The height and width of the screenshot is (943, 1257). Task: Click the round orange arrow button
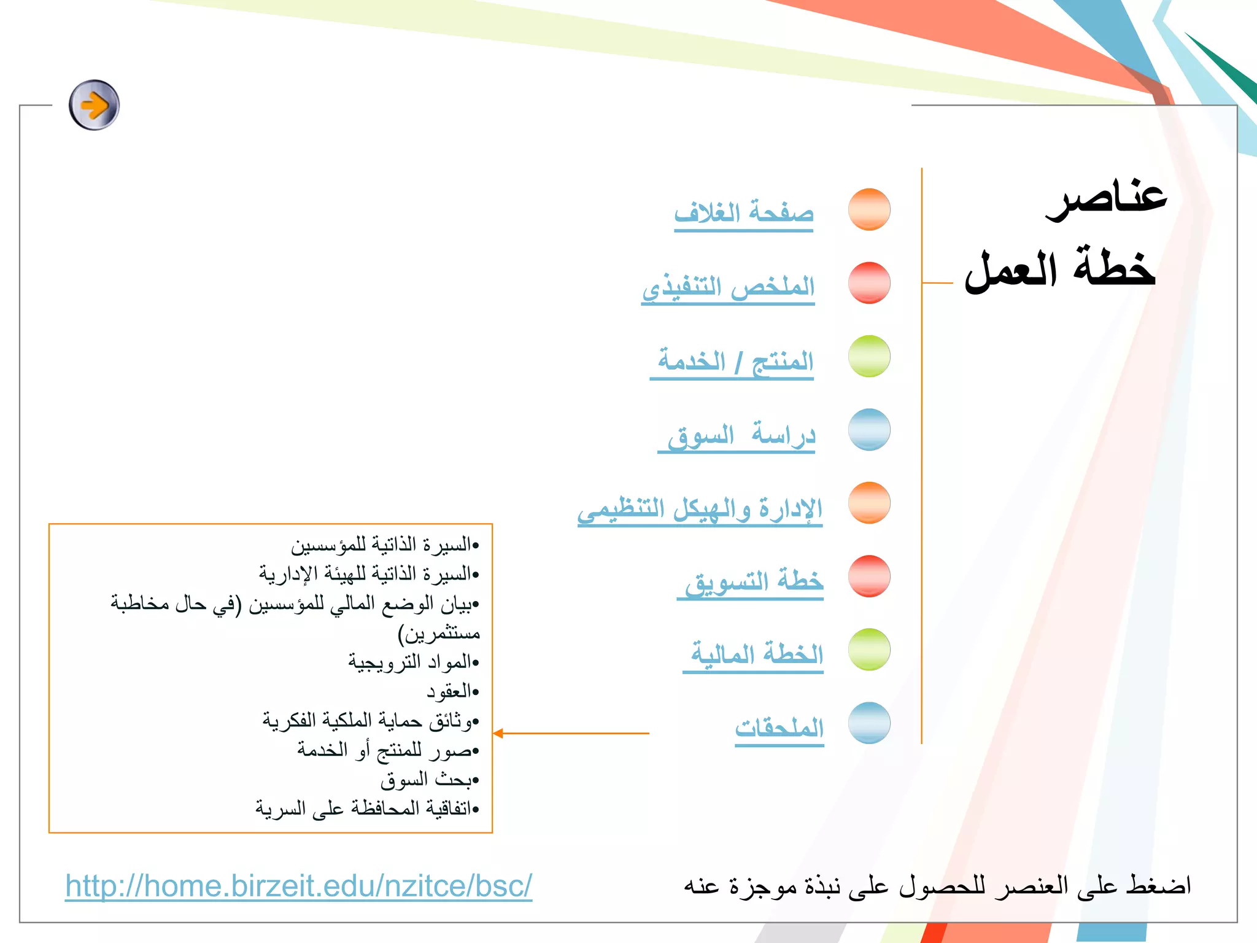tap(94, 105)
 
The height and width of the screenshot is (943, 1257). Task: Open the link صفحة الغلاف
tap(744, 214)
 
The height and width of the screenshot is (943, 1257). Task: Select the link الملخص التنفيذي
tap(729, 287)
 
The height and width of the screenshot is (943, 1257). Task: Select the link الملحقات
tap(779, 728)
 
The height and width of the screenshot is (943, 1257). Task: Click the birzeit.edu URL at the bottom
tap(299, 886)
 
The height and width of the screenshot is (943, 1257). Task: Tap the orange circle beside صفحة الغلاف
tap(869, 209)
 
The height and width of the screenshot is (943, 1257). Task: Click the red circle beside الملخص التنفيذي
tap(869, 283)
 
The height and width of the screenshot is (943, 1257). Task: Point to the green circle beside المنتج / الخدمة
tap(869, 356)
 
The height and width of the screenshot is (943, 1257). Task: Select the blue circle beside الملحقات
tap(869, 723)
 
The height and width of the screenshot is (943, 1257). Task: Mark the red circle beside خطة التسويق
tap(869, 576)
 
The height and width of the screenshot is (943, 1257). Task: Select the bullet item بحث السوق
tap(428, 780)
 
